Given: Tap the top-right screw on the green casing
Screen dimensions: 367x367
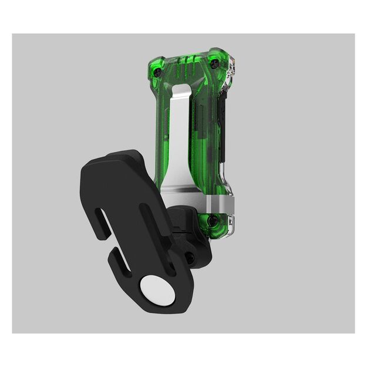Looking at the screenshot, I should coord(214,63).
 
